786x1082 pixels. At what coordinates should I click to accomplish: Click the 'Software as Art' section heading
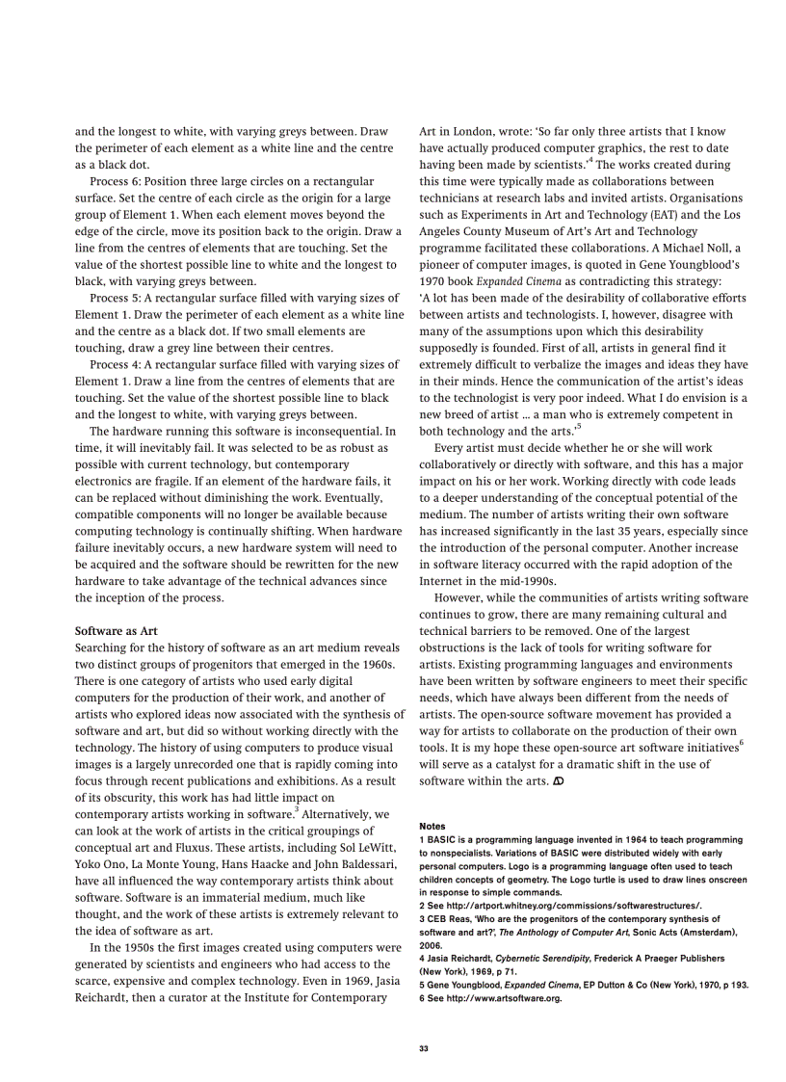tap(116, 631)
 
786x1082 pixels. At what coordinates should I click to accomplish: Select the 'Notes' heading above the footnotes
tap(432, 826)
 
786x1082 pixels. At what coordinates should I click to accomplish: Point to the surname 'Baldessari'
tap(360, 864)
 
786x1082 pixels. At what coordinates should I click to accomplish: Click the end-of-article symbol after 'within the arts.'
tap(558, 780)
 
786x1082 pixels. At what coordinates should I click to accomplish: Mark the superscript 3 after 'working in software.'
tap(296, 810)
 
